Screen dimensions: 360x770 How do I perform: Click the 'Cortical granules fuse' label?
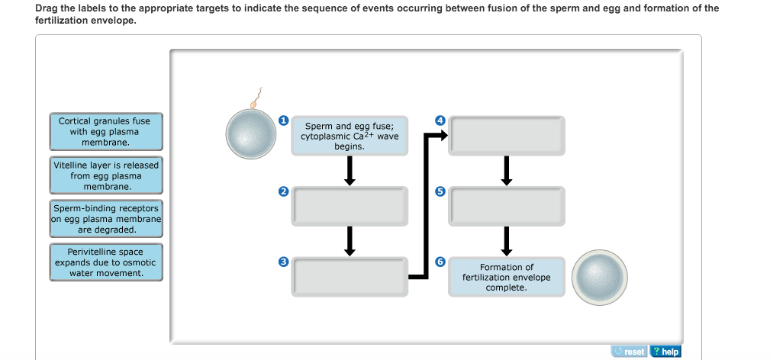(105, 132)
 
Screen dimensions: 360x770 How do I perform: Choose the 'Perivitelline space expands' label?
(105, 262)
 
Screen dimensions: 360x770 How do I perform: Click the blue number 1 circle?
(283, 121)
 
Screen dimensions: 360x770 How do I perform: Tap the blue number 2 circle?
(283, 191)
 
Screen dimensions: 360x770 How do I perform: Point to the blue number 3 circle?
(283, 262)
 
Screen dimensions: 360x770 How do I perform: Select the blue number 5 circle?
(440, 191)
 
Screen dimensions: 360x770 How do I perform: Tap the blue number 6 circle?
(440, 262)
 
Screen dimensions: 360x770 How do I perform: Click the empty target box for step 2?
(350, 206)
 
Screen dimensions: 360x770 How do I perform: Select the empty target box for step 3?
(350, 276)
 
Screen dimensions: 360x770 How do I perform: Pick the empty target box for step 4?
(506, 135)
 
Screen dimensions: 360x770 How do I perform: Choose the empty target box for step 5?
(506, 206)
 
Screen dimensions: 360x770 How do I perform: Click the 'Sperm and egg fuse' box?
(350, 136)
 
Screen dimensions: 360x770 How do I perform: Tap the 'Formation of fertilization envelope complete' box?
(506, 277)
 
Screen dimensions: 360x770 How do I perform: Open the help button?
(665, 352)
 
